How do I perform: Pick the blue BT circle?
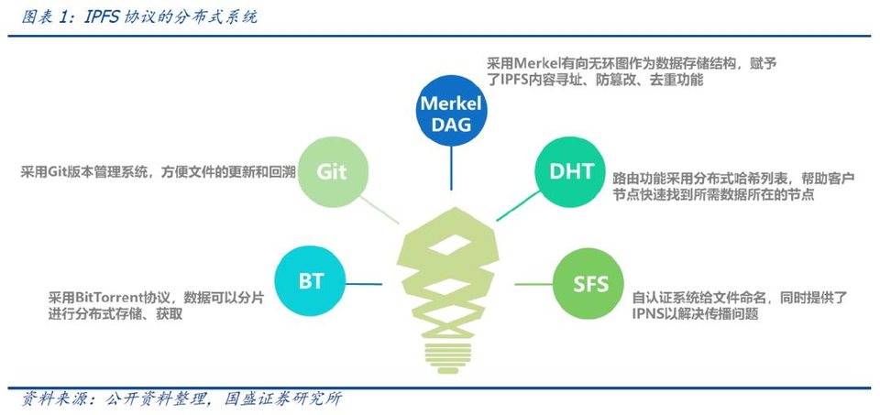click(x=311, y=279)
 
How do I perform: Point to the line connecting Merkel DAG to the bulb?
click(x=450, y=169)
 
